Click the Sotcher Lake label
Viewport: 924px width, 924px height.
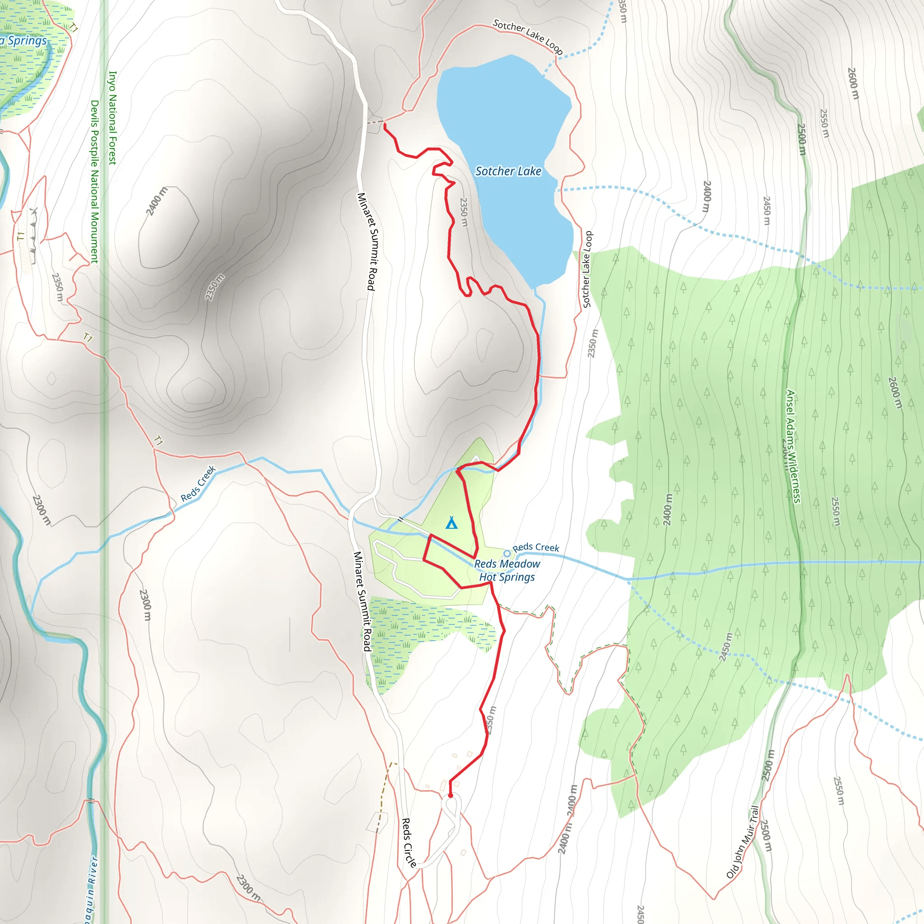pos(508,171)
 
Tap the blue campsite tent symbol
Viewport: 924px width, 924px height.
pos(452,523)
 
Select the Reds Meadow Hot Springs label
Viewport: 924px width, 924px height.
pos(507,571)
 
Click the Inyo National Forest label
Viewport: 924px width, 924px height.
pos(113,118)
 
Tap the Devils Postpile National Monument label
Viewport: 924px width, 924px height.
pos(95,182)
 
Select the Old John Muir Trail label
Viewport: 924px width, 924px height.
pos(742,842)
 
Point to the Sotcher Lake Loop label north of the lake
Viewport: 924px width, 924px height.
pos(527,37)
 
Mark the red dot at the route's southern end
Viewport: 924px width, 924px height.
pos(450,795)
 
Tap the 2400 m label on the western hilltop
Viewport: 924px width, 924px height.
pos(157,201)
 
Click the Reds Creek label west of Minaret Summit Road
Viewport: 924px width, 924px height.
pos(199,484)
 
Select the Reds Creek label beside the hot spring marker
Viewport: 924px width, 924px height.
pos(536,547)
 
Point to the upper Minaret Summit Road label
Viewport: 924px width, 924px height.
pos(367,241)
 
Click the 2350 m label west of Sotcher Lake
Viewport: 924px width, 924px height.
pos(463,213)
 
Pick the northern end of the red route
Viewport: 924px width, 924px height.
pos(384,125)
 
